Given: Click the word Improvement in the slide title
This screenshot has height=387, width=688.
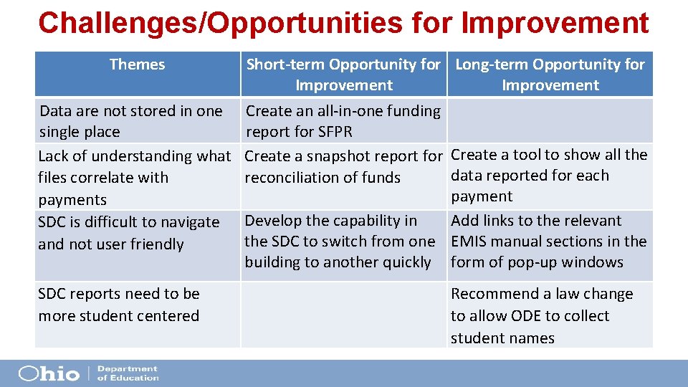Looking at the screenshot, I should [555, 23].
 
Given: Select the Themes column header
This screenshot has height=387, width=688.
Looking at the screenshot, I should [137, 64].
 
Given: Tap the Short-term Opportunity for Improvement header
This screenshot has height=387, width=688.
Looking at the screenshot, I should [343, 75].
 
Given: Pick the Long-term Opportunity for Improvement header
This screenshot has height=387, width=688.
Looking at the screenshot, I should [550, 75].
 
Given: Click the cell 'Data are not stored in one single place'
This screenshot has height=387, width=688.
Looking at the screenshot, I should [130, 121].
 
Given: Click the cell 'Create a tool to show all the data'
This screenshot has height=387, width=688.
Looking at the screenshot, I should [549, 176].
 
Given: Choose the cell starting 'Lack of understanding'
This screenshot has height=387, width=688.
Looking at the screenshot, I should [134, 177].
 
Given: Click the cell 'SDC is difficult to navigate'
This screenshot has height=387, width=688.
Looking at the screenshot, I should [129, 233].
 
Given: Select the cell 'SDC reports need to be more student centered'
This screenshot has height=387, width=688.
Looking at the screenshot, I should [119, 305].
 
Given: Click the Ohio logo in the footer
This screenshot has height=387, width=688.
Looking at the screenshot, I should [49, 373].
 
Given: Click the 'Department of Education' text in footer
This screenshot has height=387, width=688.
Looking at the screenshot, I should [127, 373].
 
